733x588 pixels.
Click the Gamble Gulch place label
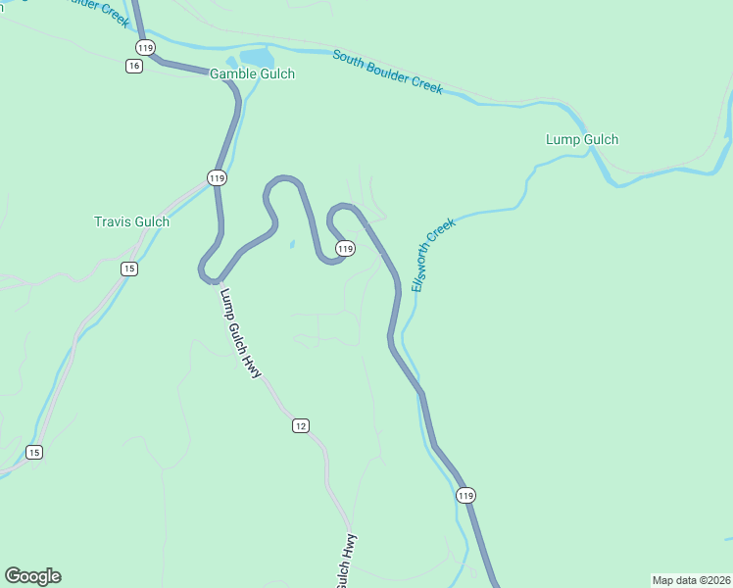tap(252, 73)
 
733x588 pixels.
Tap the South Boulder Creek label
tap(387, 72)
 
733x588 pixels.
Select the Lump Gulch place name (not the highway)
tap(581, 139)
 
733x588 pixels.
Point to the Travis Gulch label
tap(131, 221)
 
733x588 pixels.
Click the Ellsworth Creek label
tap(434, 254)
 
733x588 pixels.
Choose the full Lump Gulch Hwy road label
tap(240, 333)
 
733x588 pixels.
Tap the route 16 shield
tap(134, 66)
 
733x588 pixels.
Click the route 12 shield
tap(300, 425)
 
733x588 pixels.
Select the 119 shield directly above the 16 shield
tap(145, 47)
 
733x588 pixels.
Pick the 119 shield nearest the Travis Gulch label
tap(217, 177)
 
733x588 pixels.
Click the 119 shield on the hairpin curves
tap(344, 250)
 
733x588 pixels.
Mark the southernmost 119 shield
tap(465, 496)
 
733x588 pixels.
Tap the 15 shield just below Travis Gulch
tap(128, 269)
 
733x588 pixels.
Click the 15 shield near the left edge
tap(34, 452)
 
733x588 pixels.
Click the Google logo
tap(32, 576)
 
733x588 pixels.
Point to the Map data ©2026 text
tap(690, 579)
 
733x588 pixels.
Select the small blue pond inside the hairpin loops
tap(291, 244)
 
